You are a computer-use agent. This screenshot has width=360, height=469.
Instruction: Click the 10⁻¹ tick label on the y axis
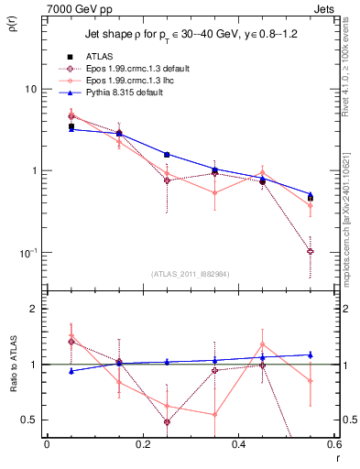click(27, 252)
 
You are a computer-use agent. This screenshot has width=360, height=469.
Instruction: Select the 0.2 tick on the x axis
click(142, 444)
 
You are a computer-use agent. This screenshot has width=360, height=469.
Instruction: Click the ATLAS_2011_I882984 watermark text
click(190, 273)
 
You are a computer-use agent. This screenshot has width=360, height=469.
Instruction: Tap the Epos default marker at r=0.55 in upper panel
click(311, 251)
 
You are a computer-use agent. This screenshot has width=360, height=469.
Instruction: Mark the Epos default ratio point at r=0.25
click(167, 421)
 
